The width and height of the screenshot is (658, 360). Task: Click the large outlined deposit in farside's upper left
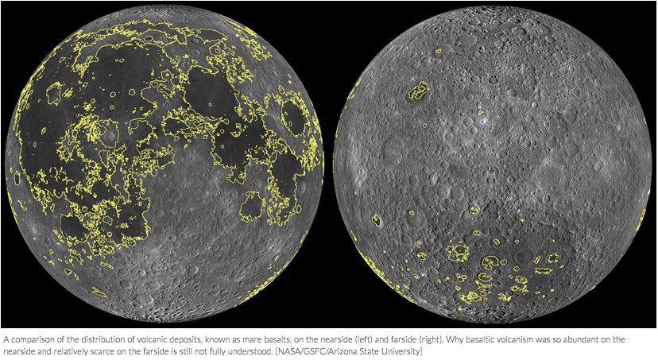click(418, 92)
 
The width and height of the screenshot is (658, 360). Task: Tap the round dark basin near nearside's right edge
click(295, 118)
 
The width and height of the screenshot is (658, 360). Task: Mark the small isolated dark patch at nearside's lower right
click(251, 207)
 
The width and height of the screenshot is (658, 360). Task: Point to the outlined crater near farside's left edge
click(376, 221)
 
